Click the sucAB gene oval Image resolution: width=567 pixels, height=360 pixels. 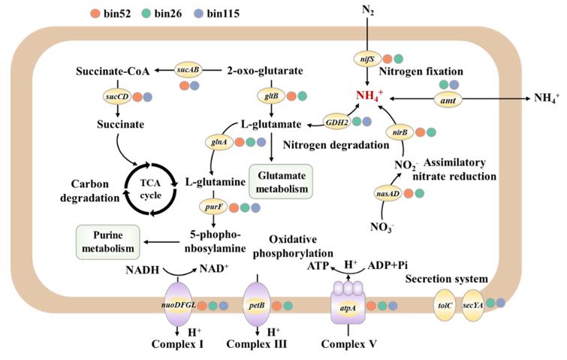tap(188, 70)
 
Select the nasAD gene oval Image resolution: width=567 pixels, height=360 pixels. tap(386, 193)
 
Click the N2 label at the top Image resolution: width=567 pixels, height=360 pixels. tap(365, 11)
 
